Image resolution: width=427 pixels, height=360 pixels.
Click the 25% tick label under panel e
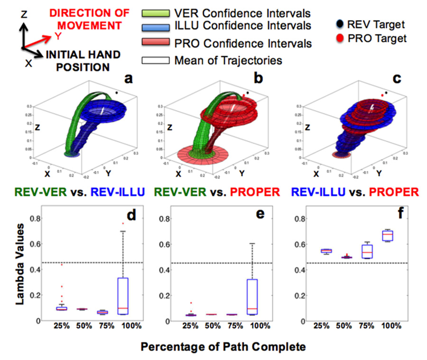click(191, 327)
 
